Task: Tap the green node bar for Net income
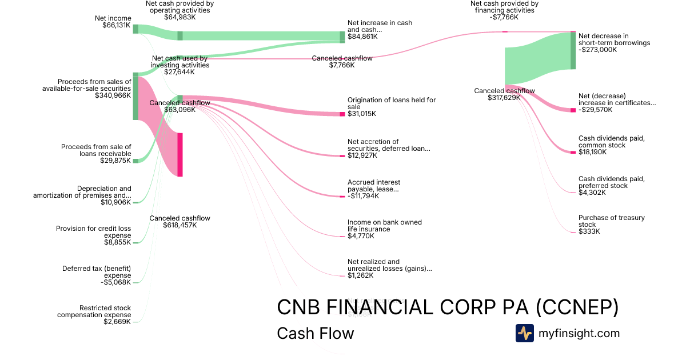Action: (x=135, y=29)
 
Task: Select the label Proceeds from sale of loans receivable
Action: (x=96, y=150)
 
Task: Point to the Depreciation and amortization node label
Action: (x=82, y=192)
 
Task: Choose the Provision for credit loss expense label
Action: (x=93, y=232)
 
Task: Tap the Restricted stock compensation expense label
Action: (x=94, y=311)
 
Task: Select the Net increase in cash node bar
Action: (x=342, y=37)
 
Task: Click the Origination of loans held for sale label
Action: (x=391, y=103)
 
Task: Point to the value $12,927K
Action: (x=362, y=155)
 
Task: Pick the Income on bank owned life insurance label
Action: (x=384, y=226)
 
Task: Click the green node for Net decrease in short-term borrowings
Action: (x=573, y=51)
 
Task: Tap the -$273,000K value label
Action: (x=598, y=50)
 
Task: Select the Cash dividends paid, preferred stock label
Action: (x=611, y=182)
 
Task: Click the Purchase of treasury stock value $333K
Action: (x=589, y=231)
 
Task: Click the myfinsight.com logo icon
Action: (x=524, y=333)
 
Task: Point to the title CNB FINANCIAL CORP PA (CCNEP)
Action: (x=448, y=307)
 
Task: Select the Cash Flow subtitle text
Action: (x=315, y=333)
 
